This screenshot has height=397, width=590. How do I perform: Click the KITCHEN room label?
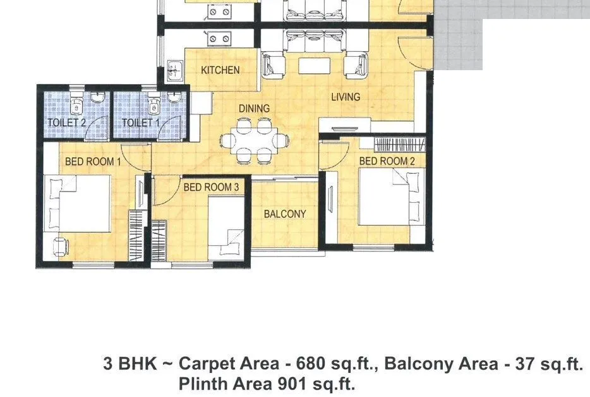click(x=220, y=70)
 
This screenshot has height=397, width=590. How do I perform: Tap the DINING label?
click(x=254, y=109)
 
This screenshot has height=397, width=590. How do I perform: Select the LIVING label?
click(x=346, y=97)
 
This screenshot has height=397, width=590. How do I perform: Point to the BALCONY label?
click(x=284, y=214)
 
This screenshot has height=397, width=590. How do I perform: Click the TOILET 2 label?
click(x=66, y=122)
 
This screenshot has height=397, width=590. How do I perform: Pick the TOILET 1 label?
click(x=140, y=122)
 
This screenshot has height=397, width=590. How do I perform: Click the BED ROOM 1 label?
click(x=93, y=162)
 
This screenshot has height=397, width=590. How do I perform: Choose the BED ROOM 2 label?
click(x=387, y=162)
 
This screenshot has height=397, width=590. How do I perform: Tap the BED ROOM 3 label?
click(x=211, y=187)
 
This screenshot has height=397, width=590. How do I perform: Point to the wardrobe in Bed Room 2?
click(x=400, y=144)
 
